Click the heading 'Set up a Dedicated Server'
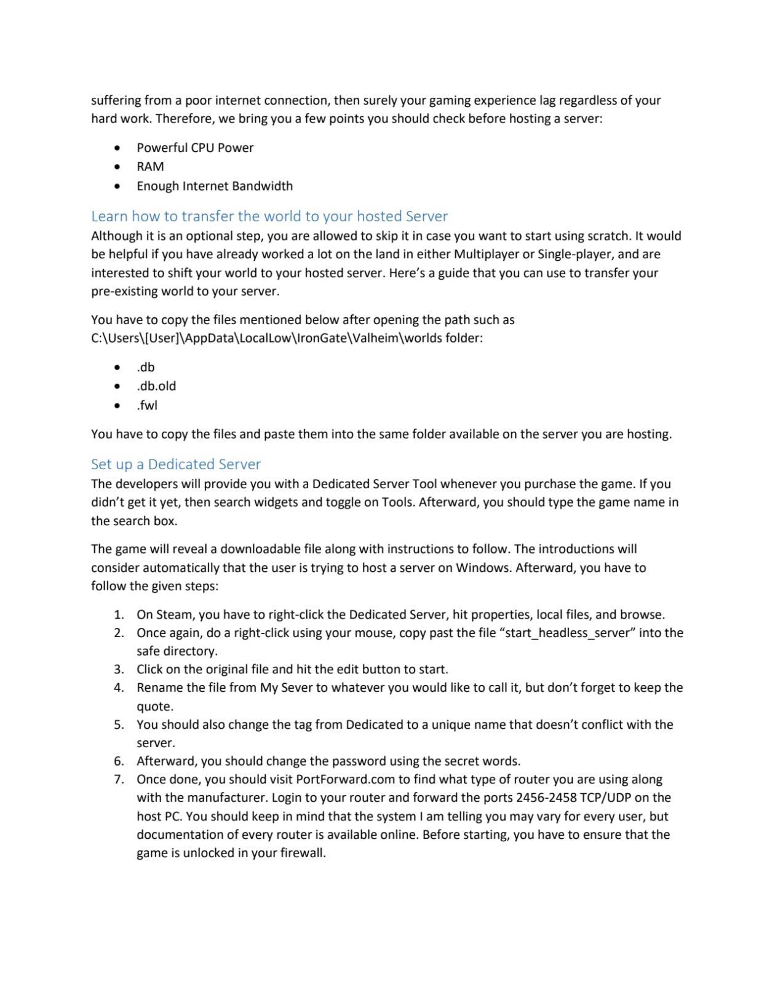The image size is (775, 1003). [175, 464]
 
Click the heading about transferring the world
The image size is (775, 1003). [269, 216]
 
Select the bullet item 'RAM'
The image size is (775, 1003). [150, 167]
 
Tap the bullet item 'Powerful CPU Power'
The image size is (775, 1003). [195, 148]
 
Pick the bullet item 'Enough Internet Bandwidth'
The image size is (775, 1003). [215, 186]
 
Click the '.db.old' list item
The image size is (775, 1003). [156, 386]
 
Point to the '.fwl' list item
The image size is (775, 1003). [147, 405]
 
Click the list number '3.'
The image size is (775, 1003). [119, 669]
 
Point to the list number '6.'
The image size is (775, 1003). [119, 761]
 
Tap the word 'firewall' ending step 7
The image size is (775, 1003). [301, 853]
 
